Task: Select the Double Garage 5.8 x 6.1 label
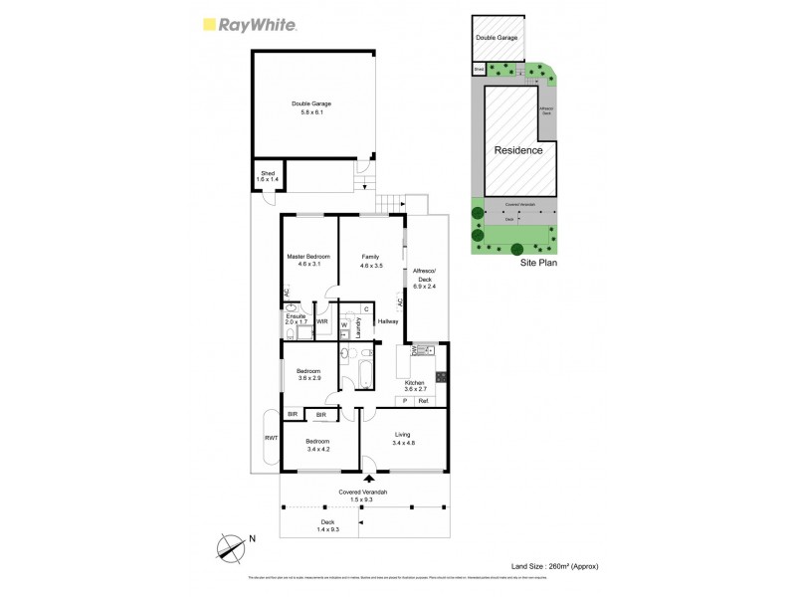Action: coord(311,107)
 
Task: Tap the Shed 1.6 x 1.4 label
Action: coord(268,175)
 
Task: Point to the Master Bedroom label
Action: coord(308,261)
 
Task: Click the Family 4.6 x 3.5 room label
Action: coord(370,261)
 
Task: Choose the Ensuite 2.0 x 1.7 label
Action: coord(296,319)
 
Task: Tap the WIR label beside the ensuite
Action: coord(322,322)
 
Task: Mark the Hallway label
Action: coord(388,321)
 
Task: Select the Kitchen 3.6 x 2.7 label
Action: coord(414,386)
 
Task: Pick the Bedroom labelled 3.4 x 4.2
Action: coord(317,445)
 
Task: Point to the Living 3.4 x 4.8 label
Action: coord(402,438)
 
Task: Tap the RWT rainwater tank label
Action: coord(270,438)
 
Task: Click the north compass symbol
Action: coord(230,546)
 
